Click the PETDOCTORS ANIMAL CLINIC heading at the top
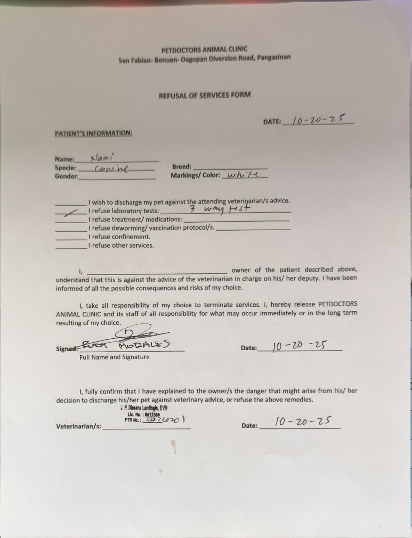(x=204, y=50)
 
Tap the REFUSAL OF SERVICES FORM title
(x=205, y=95)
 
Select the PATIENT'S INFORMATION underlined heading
(x=93, y=133)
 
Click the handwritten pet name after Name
(x=102, y=158)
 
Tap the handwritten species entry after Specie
(x=111, y=169)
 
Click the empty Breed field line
(x=230, y=168)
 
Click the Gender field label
(x=66, y=177)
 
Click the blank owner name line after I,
(x=157, y=271)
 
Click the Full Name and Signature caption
(x=114, y=357)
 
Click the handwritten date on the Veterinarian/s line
(x=303, y=421)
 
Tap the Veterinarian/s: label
(x=78, y=426)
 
